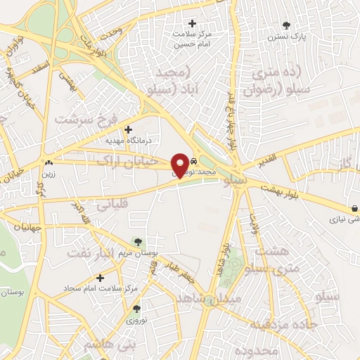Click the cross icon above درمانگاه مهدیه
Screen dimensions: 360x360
128,129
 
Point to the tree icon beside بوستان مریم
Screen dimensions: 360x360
136,242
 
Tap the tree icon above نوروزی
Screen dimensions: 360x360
136,308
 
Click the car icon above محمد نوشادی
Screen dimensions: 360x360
193,161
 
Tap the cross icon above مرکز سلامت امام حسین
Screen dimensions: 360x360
193,23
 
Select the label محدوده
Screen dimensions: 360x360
257,349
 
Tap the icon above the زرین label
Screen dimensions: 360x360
48,161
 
